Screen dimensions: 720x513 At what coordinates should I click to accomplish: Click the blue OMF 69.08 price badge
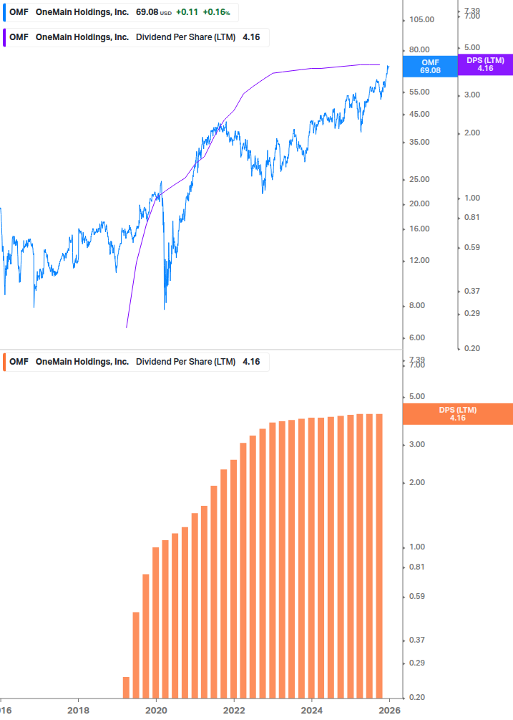click(x=430, y=67)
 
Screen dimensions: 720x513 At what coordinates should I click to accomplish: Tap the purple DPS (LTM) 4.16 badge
click(x=485, y=64)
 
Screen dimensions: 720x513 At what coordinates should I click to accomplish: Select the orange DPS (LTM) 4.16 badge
click(x=458, y=414)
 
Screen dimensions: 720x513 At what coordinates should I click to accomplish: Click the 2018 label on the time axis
click(x=78, y=710)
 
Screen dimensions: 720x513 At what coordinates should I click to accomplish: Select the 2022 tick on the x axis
click(x=234, y=710)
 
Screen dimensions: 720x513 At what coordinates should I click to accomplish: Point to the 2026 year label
click(x=389, y=710)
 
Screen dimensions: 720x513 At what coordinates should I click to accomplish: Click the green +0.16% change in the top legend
click(x=217, y=12)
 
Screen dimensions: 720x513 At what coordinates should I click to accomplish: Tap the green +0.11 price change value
click(x=187, y=12)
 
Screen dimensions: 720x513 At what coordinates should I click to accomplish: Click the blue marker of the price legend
click(x=4, y=12)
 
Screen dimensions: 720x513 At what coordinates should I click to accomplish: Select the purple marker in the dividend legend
click(x=4, y=37)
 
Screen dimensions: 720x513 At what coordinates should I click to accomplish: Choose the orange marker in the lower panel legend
click(x=4, y=362)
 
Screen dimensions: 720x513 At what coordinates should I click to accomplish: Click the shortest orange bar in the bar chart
click(x=126, y=687)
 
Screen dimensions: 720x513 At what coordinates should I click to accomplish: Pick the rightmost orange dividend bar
click(x=379, y=556)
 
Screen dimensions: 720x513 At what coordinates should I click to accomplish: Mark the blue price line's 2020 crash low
click(x=165, y=308)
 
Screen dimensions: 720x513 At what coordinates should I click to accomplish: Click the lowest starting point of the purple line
click(x=126, y=327)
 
